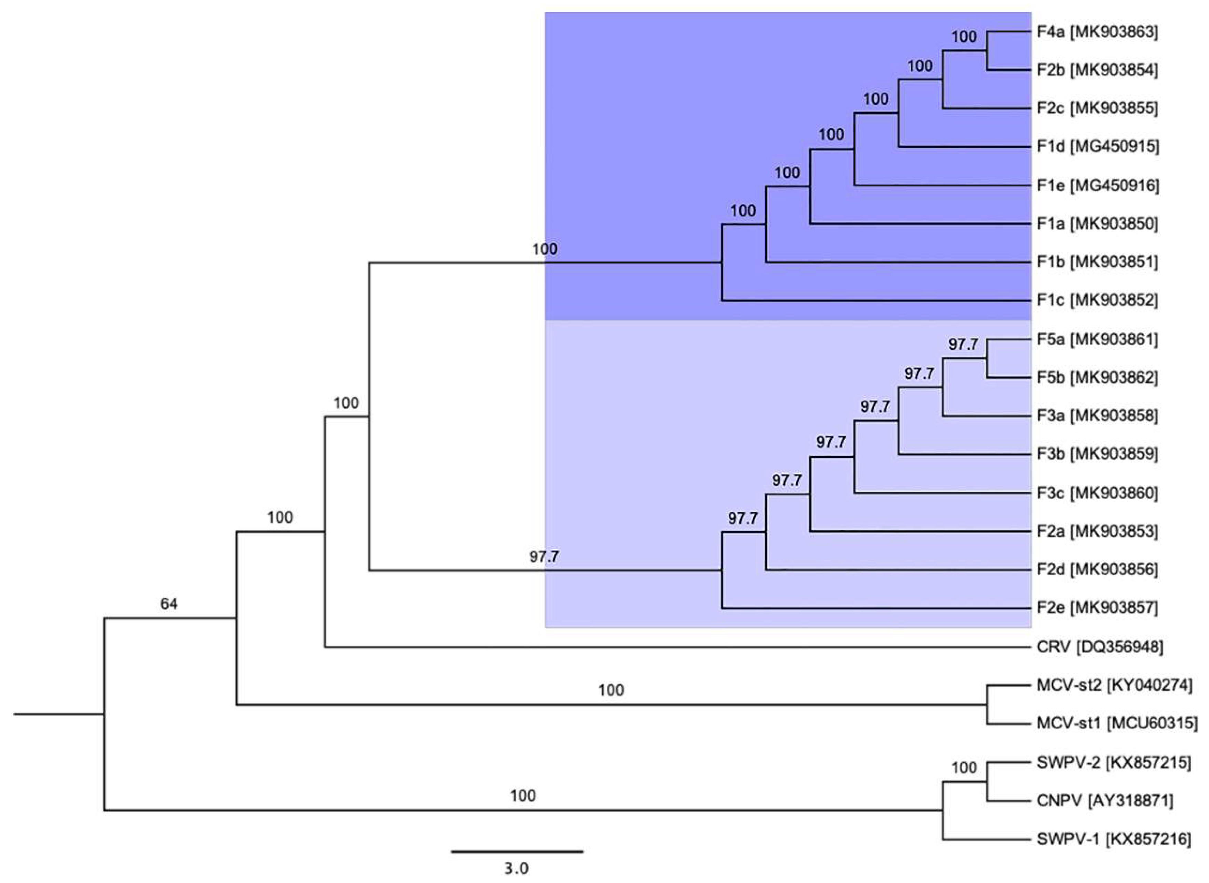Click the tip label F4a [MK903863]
pos(1097,32)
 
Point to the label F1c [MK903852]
pos(1097,300)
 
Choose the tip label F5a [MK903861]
pos(1097,339)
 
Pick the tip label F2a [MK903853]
pos(1097,531)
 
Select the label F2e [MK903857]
pos(1097,608)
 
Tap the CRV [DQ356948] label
pos(1099,647)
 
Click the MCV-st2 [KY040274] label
pos(1114,685)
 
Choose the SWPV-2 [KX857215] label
pos(1114,763)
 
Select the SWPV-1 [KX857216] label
pos(1114,840)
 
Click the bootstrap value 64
pos(169,604)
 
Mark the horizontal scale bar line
pos(517,851)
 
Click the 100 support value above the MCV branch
pos(611,690)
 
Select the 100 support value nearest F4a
pos(964,37)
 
